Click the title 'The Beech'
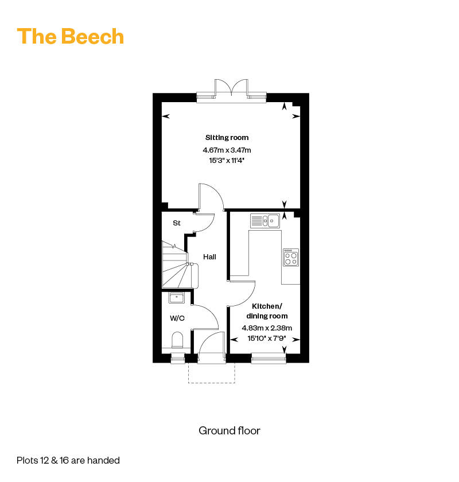[71, 36]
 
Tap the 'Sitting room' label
[227, 138]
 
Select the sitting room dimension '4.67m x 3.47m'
[227, 150]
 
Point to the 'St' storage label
[177, 223]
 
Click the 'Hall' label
[209, 256]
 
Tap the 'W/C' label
[177, 318]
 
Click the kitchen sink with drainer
[265, 221]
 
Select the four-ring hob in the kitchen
[291, 257]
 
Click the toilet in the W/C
[177, 340]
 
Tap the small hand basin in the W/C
[177, 298]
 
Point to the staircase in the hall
[180, 265]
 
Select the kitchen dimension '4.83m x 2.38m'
[267, 328]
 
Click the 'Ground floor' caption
[229, 431]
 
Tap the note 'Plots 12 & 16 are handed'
[68, 460]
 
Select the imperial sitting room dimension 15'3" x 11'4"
[227, 161]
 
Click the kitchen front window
[269, 359]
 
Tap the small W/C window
[178, 358]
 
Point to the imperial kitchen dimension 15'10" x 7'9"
[267, 339]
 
